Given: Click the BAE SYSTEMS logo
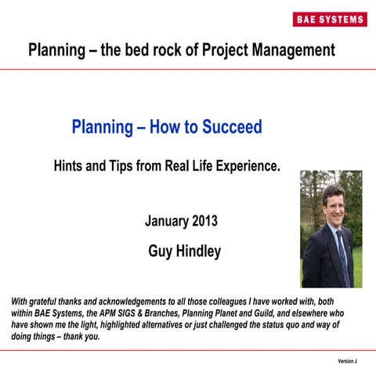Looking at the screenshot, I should (x=330, y=19).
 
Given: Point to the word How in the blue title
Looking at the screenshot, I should (x=172, y=127).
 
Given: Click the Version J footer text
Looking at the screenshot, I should (x=347, y=361).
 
